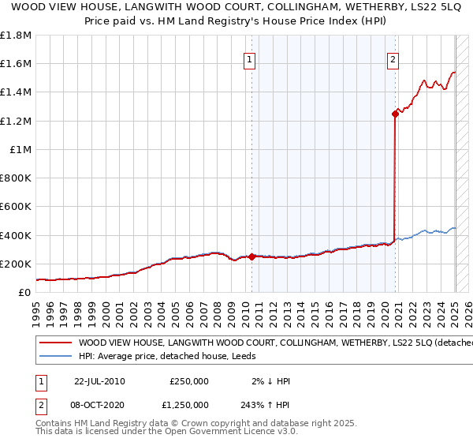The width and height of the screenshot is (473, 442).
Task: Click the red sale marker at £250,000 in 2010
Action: (251, 257)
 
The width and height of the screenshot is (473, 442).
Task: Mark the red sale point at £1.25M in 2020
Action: (394, 114)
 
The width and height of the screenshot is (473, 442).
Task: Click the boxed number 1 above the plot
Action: (250, 58)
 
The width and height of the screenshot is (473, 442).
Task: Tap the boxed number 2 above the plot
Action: (393, 58)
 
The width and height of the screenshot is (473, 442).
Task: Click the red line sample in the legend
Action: (54, 343)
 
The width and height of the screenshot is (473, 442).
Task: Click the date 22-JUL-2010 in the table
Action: (99, 381)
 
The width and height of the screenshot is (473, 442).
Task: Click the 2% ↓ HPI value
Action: (271, 381)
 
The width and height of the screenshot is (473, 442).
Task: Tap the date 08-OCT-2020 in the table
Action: (99, 406)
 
